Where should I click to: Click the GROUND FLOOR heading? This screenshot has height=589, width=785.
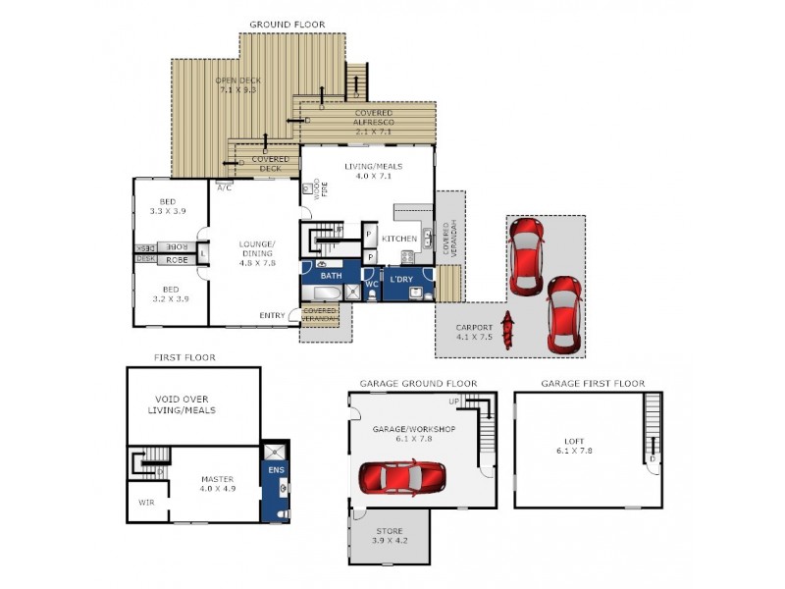(287, 25)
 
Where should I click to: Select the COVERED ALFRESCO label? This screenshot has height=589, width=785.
(372, 121)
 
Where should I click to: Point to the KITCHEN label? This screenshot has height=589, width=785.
(399, 238)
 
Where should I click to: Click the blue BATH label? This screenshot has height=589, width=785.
(330, 276)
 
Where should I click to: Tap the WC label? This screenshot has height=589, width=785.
(372, 284)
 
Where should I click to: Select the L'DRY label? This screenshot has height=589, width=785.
(401, 280)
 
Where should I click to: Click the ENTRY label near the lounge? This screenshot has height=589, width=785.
(273, 315)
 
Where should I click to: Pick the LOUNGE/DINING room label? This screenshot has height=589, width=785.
(257, 252)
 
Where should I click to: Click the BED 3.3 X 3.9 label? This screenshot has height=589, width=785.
(168, 206)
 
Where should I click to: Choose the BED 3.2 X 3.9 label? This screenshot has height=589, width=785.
(171, 294)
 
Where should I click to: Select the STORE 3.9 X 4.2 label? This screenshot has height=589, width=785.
(389, 536)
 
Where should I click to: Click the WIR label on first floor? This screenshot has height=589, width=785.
(145, 502)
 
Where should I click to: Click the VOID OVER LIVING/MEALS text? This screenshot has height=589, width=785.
(185, 404)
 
